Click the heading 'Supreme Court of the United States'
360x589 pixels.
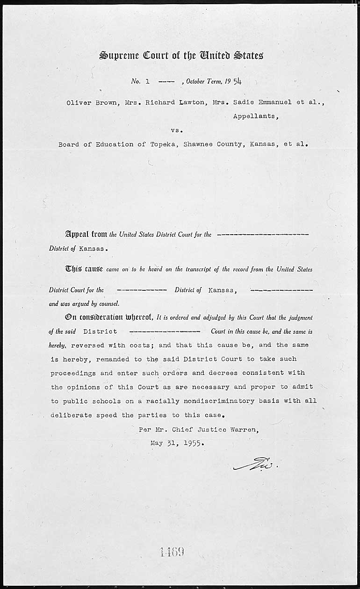(x=181, y=55)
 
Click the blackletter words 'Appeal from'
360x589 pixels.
(x=86, y=234)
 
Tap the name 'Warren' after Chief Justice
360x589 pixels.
(x=243, y=429)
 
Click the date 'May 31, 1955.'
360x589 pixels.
(x=177, y=443)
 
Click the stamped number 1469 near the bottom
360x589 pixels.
(x=172, y=552)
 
